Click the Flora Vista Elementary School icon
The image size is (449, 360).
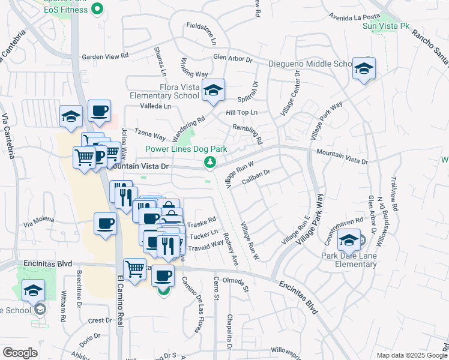213,90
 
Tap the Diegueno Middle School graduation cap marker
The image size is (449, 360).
364,69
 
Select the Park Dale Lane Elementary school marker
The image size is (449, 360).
349,241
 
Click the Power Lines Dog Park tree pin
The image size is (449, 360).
210,162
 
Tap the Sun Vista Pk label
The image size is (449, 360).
386,26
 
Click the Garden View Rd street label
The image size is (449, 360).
105,56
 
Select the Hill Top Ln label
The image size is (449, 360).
241,113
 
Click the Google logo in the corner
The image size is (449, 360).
20,353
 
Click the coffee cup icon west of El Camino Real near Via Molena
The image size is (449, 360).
106,224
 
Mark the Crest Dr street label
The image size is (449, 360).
96,321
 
